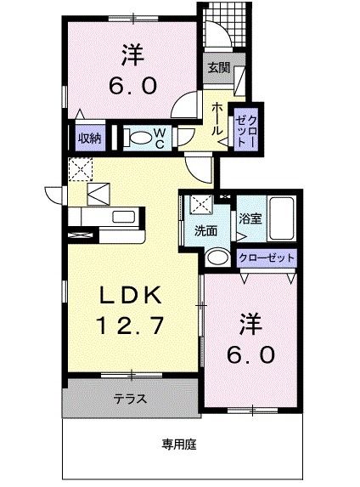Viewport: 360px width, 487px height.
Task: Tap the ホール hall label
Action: [217, 119]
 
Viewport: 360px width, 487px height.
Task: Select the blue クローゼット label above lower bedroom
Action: [267, 257]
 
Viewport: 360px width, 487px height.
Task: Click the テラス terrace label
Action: [130, 398]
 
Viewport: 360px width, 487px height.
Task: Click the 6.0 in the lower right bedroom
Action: [250, 354]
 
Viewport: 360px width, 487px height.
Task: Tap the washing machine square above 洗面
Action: [201, 205]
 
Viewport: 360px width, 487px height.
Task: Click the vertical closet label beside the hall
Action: [246, 127]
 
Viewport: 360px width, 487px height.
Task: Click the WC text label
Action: [160, 138]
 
